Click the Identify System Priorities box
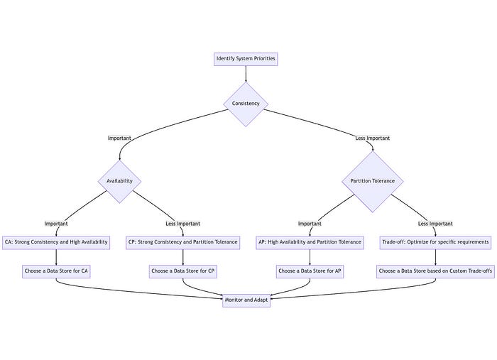click(246, 58)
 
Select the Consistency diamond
click(246, 104)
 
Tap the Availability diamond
click(119, 181)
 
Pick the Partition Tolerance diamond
click(373, 181)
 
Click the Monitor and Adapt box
click(246, 300)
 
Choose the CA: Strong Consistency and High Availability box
click(56, 242)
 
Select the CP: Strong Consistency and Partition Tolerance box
click(183, 242)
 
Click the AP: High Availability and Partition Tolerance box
click(310, 242)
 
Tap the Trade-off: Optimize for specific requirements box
click(435, 242)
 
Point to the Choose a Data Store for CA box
click(56, 271)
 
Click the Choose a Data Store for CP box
click(183, 271)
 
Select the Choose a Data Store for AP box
click(310, 271)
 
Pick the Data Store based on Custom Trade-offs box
click(435, 271)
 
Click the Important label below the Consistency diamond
click(119, 138)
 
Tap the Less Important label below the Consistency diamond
click(373, 138)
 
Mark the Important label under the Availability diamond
click(56, 224)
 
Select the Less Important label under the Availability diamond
click(183, 224)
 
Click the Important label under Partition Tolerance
click(310, 224)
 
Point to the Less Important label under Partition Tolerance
click(435, 224)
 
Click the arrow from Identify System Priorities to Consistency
click(246, 73)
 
